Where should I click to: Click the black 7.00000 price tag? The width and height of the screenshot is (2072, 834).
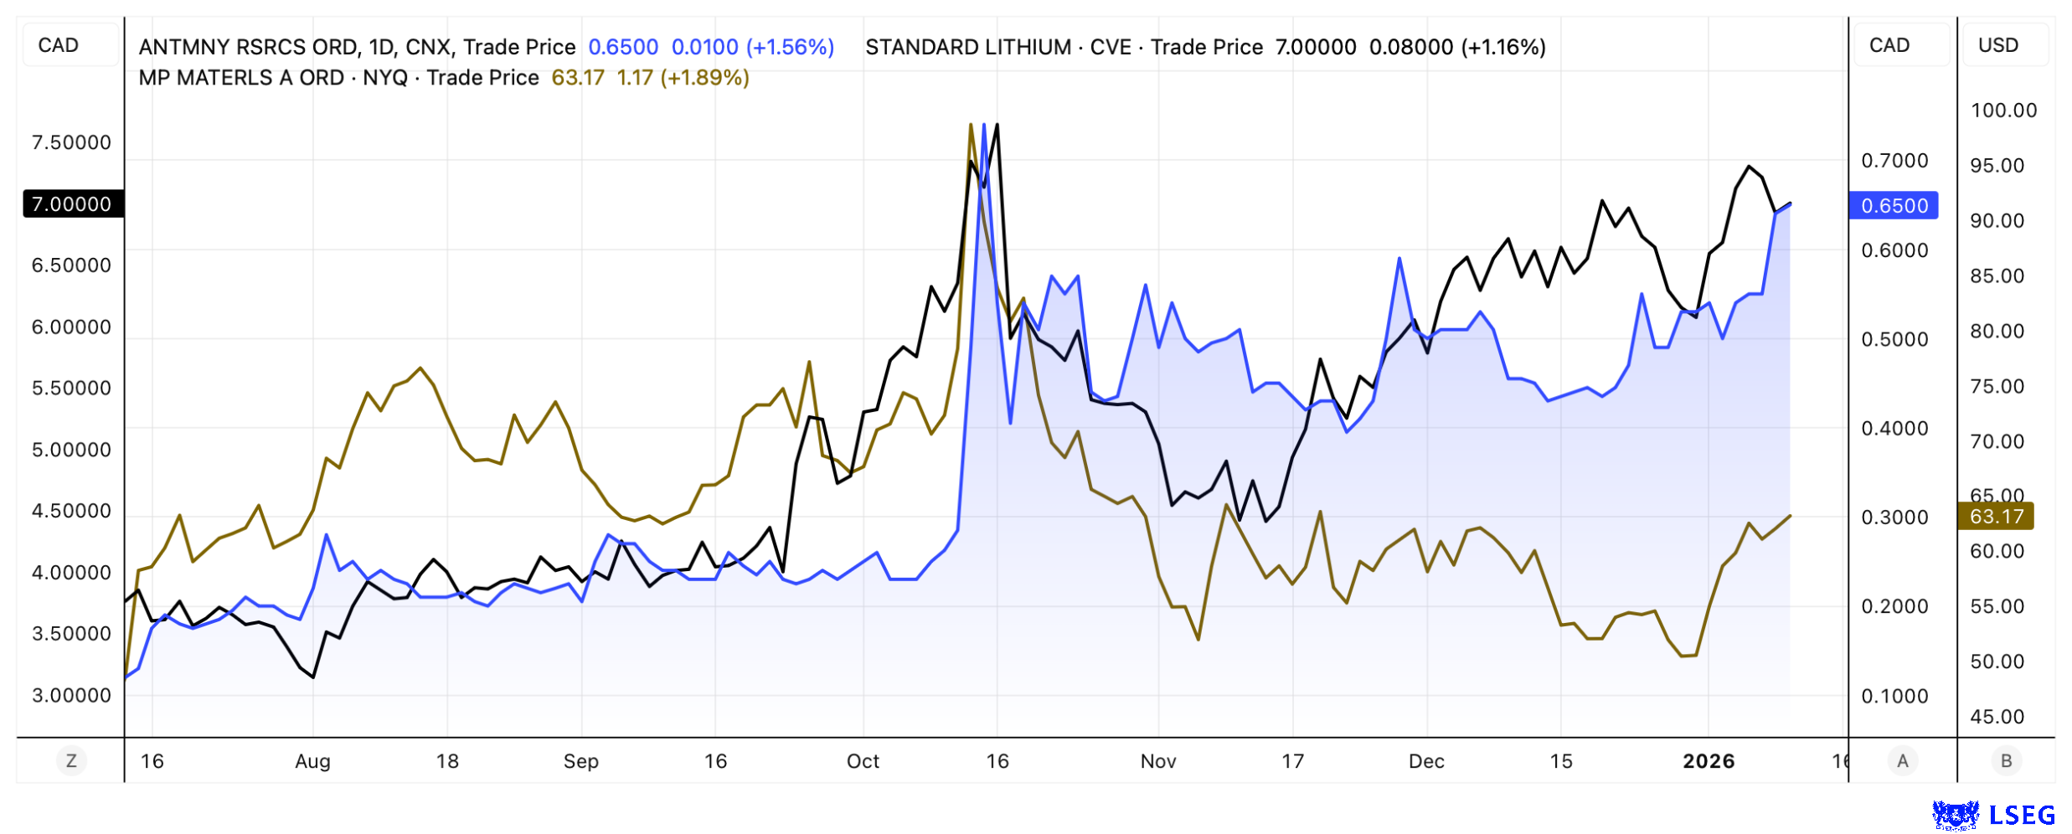(x=72, y=204)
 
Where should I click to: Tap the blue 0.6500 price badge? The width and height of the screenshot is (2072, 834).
(x=1893, y=206)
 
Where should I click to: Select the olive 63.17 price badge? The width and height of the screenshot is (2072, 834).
(x=1995, y=517)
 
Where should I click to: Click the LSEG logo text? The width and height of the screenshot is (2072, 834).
(x=2022, y=815)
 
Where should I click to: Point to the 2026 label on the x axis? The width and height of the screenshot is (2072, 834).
(x=1709, y=761)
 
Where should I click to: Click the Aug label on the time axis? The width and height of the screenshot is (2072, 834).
(x=312, y=761)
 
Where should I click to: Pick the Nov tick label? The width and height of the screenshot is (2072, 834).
(x=1158, y=761)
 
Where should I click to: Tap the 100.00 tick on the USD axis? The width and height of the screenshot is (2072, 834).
(x=2003, y=111)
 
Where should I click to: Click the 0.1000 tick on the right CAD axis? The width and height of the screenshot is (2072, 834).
(x=1894, y=696)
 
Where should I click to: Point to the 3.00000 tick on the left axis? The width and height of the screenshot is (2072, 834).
(x=71, y=696)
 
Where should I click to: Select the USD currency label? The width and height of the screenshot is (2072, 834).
(x=1998, y=45)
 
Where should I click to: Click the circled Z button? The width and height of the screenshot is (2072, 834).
(x=71, y=761)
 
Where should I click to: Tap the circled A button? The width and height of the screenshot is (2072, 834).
(x=1903, y=761)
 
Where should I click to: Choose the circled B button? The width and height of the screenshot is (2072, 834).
(x=2007, y=761)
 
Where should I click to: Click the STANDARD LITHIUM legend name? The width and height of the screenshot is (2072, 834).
(x=968, y=47)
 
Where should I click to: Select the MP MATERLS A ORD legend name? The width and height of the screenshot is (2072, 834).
(x=241, y=78)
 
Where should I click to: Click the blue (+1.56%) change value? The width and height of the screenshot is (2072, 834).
(x=790, y=47)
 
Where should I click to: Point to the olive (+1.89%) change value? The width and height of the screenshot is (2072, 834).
(x=704, y=78)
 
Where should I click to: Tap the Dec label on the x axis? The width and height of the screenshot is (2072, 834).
(x=1426, y=761)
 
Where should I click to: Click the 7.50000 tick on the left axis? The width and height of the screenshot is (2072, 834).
(x=71, y=142)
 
